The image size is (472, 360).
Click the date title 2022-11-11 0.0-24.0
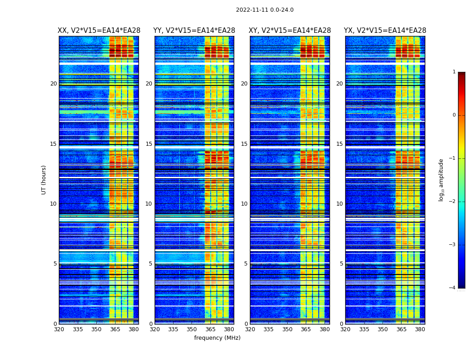pos(264,10)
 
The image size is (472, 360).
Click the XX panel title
pos(99,31)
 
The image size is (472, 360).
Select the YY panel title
pos(194,31)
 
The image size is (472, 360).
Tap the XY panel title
pos(290,31)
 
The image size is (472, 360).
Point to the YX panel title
pos(385,31)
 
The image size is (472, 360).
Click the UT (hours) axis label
pos(44,180)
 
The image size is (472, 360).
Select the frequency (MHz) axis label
pos(217,338)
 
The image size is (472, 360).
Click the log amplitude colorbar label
pos(441,180)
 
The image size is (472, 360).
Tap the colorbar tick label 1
pos(454,72)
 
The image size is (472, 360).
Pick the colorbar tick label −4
pos(453,288)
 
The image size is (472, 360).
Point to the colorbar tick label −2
pos(453,202)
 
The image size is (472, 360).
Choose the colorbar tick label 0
pos(454,115)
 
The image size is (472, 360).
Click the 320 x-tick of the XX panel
pos(59,329)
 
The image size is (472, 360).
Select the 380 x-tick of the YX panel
pos(420,329)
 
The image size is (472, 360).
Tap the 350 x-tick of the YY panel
pos(192,329)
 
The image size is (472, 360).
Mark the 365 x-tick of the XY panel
pos(306,329)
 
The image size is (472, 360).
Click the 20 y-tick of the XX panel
pos(53,84)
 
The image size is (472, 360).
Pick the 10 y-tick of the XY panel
pos(244,204)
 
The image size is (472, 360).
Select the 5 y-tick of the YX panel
pos(342,264)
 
